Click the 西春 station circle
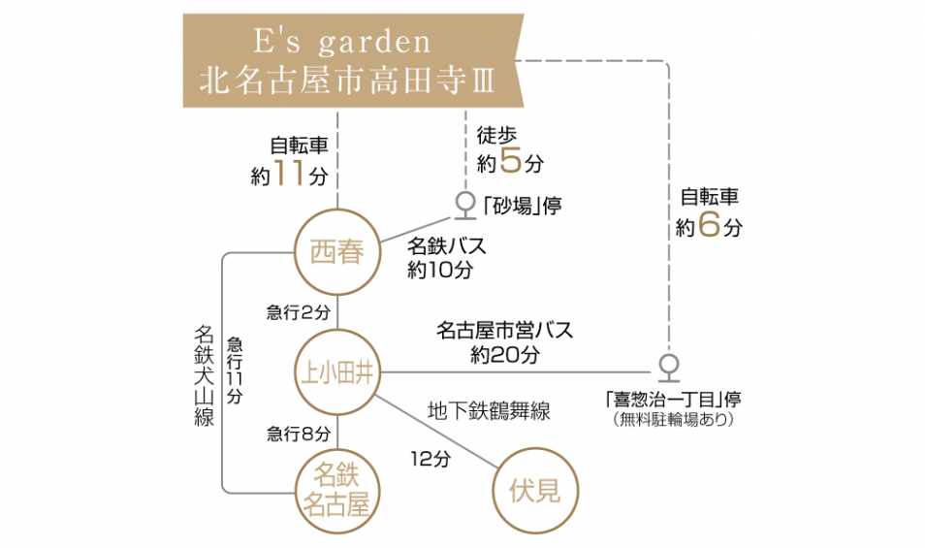[337, 252]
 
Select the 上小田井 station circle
[337, 371]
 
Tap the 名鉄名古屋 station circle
[337, 491]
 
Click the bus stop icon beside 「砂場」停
[464, 206]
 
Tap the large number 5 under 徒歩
[510, 161]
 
